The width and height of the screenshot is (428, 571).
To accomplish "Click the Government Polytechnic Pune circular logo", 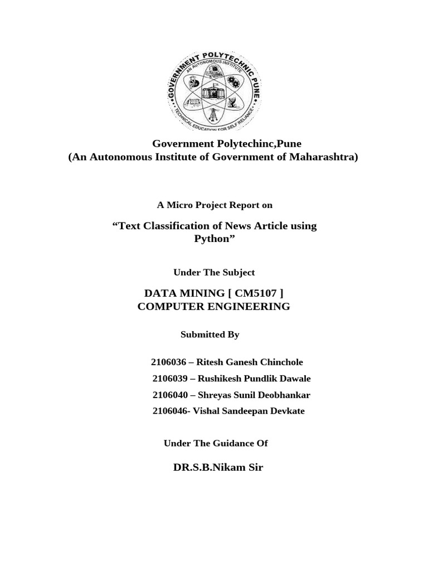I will pyautogui.click(x=215, y=91).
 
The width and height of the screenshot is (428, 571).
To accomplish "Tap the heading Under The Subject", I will pyautogui.click(x=214, y=272).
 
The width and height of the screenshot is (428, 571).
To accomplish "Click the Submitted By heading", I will pyautogui.click(x=210, y=335).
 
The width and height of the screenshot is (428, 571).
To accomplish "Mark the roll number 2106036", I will pyautogui.click(x=168, y=362).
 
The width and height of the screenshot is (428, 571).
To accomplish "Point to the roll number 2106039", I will pyautogui.click(x=170, y=379).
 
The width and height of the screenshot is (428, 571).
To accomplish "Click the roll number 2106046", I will pyautogui.click(x=169, y=411).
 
